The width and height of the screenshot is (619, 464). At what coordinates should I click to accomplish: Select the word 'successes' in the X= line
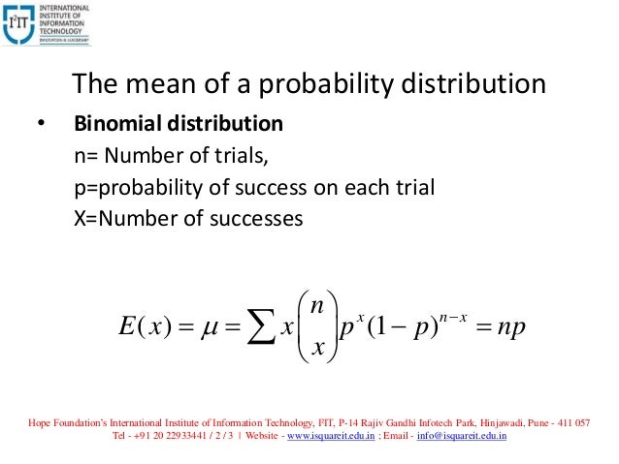257,218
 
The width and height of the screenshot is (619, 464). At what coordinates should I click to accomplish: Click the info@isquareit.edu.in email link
453,437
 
